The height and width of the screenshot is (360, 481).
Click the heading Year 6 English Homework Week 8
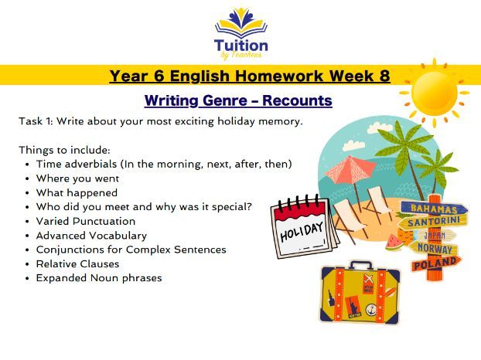[x=249, y=76]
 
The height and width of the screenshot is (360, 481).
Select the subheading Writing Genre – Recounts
[x=238, y=100]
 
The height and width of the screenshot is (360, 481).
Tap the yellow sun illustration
[x=435, y=93]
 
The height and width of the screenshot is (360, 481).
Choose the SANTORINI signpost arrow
[x=434, y=221]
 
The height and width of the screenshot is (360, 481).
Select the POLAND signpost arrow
[x=435, y=265]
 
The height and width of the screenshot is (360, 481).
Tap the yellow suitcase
[x=360, y=294]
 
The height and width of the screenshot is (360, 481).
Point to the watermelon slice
[x=394, y=241]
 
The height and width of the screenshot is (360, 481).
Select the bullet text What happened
[x=77, y=192]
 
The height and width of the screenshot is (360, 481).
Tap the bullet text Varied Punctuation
[x=85, y=221]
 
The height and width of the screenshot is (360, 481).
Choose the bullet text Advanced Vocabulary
[x=90, y=235]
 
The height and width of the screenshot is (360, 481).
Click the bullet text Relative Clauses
[x=77, y=263]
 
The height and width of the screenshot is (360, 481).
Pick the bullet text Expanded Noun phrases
[x=98, y=277]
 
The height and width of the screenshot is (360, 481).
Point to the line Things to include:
[x=65, y=150]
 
